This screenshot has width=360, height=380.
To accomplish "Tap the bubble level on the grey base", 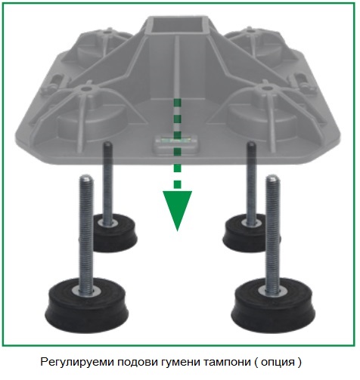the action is [x=176, y=141].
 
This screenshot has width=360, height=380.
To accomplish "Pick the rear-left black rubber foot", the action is [x=114, y=233].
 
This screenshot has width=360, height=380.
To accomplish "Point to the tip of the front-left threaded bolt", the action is [x=86, y=176].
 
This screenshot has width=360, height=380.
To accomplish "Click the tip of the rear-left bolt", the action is [x=107, y=143].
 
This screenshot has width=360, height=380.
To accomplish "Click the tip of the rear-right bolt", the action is [x=251, y=143].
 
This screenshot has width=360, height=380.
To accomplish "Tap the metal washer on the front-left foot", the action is [x=86, y=292].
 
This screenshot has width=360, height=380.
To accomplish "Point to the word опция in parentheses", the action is [x=278, y=363].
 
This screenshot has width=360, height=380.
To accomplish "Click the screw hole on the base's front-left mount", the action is [x=86, y=88].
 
